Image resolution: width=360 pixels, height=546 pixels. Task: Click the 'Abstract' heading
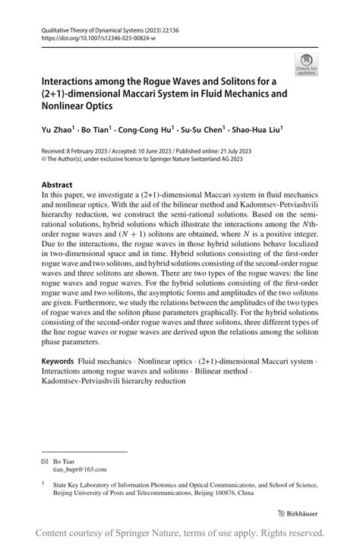(x=58, y=185)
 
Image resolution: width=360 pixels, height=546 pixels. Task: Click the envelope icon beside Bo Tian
(x=45, y=462)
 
